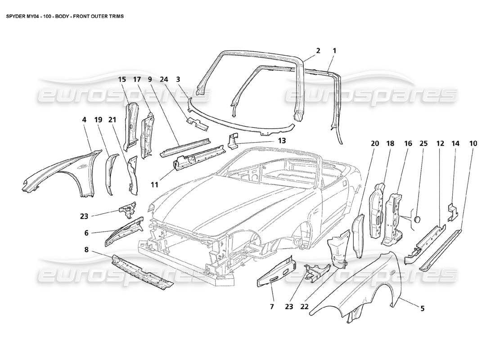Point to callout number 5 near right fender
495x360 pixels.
pos(423,309)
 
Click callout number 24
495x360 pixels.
pos(164,80)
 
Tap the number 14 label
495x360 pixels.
pos(455,144)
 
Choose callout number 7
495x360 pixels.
pos(272,307)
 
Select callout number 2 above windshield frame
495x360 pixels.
pos(318,51)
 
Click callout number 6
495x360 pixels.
pos(86,233)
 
